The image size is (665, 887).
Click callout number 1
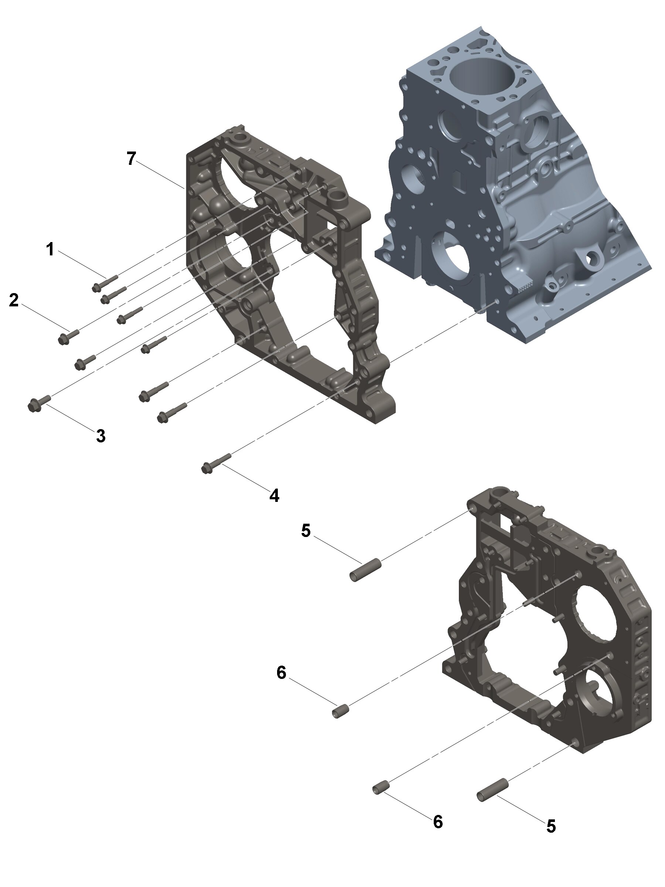(x=50, y=249)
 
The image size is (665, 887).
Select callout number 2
(x=14, y=300)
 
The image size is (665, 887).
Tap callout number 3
(x=101, y=435)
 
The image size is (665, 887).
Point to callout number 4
(x=274, y=496)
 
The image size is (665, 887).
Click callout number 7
(x=132, y=159)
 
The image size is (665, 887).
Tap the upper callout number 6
(x=282, y=673)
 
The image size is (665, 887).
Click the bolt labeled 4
(x=216, y=463)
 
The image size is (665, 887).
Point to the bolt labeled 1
(x=105, y=282)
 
